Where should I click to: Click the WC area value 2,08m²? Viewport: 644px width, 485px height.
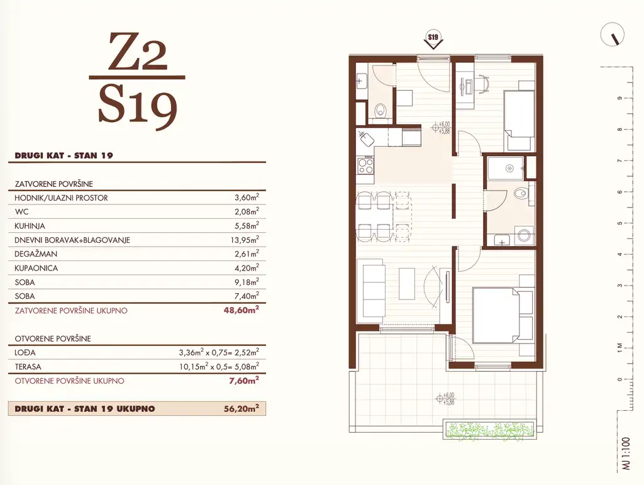(x=247, y=211)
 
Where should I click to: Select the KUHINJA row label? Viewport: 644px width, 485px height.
(x=30, y=226)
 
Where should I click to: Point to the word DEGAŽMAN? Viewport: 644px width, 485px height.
(x=36, y=254)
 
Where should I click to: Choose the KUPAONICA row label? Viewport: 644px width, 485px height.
(x=36, y=268)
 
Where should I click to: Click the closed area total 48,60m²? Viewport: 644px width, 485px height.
(x=241, y=310)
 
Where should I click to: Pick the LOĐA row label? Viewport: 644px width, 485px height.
(x=25, y=352)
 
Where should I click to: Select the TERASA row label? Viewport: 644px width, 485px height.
(x=28, y=367)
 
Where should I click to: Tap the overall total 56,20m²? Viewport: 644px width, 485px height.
(x=241, y=409)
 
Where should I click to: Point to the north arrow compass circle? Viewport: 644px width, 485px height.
(x=612, y=35)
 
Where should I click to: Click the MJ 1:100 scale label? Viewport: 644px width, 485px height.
(x=626, y=453)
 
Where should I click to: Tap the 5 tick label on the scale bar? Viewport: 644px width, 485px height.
(x=619, y=223)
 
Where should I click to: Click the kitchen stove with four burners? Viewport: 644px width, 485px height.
(x=365, y=165)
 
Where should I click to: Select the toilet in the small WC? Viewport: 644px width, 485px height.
(x=381, y=110)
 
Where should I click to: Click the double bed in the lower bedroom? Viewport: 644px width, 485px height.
(x=503, y=315)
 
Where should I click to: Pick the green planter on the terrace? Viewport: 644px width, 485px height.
(x=489, y=430)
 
